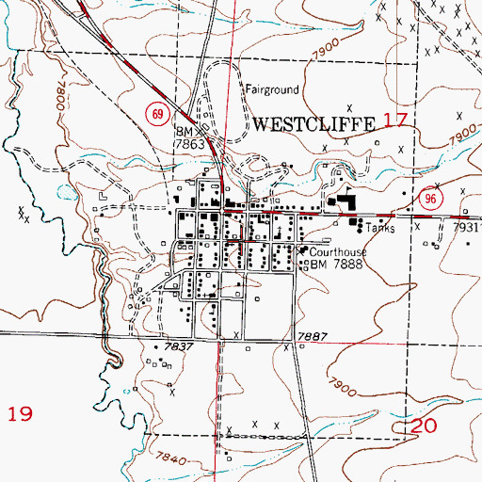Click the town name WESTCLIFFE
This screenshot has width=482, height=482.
click(x=314, y=123)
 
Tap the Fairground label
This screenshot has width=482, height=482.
click(x=272, y=90)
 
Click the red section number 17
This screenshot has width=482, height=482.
click(x=395, y=120)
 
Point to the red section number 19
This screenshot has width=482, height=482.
click(x=21, y=412)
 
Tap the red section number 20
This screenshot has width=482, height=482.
click(x=425, y=427)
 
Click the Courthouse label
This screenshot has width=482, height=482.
click(x=338, y=252)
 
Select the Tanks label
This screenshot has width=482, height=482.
click(x=380, y=229)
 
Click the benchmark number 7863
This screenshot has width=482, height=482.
click(x=192, y=146)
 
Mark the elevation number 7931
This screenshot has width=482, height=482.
click(x=467, y=228)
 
